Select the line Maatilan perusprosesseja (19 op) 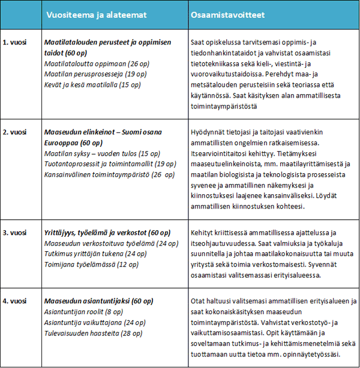(88, 74)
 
